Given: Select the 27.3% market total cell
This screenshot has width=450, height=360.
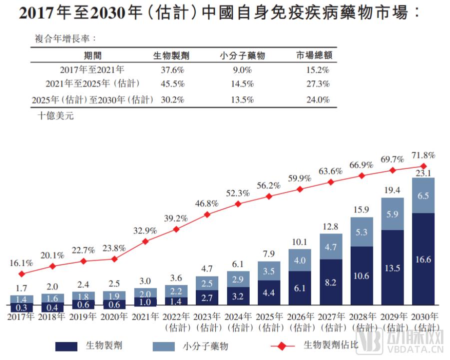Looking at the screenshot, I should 318,84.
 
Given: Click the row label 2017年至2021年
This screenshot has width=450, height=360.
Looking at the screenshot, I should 92,70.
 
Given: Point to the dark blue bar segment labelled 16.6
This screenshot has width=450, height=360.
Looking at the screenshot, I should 423,259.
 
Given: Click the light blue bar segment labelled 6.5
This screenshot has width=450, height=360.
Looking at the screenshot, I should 423,195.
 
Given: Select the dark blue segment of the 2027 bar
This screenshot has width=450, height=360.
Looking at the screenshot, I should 331,282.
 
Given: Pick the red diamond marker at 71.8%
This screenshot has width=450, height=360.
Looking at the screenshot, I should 424,166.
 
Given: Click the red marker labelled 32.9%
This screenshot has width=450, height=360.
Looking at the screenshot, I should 145,241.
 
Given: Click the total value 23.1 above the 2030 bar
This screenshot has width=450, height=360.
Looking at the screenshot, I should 423,173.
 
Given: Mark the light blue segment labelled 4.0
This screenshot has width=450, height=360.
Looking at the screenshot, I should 300,260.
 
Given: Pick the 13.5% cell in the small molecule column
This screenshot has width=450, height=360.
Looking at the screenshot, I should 242,99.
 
